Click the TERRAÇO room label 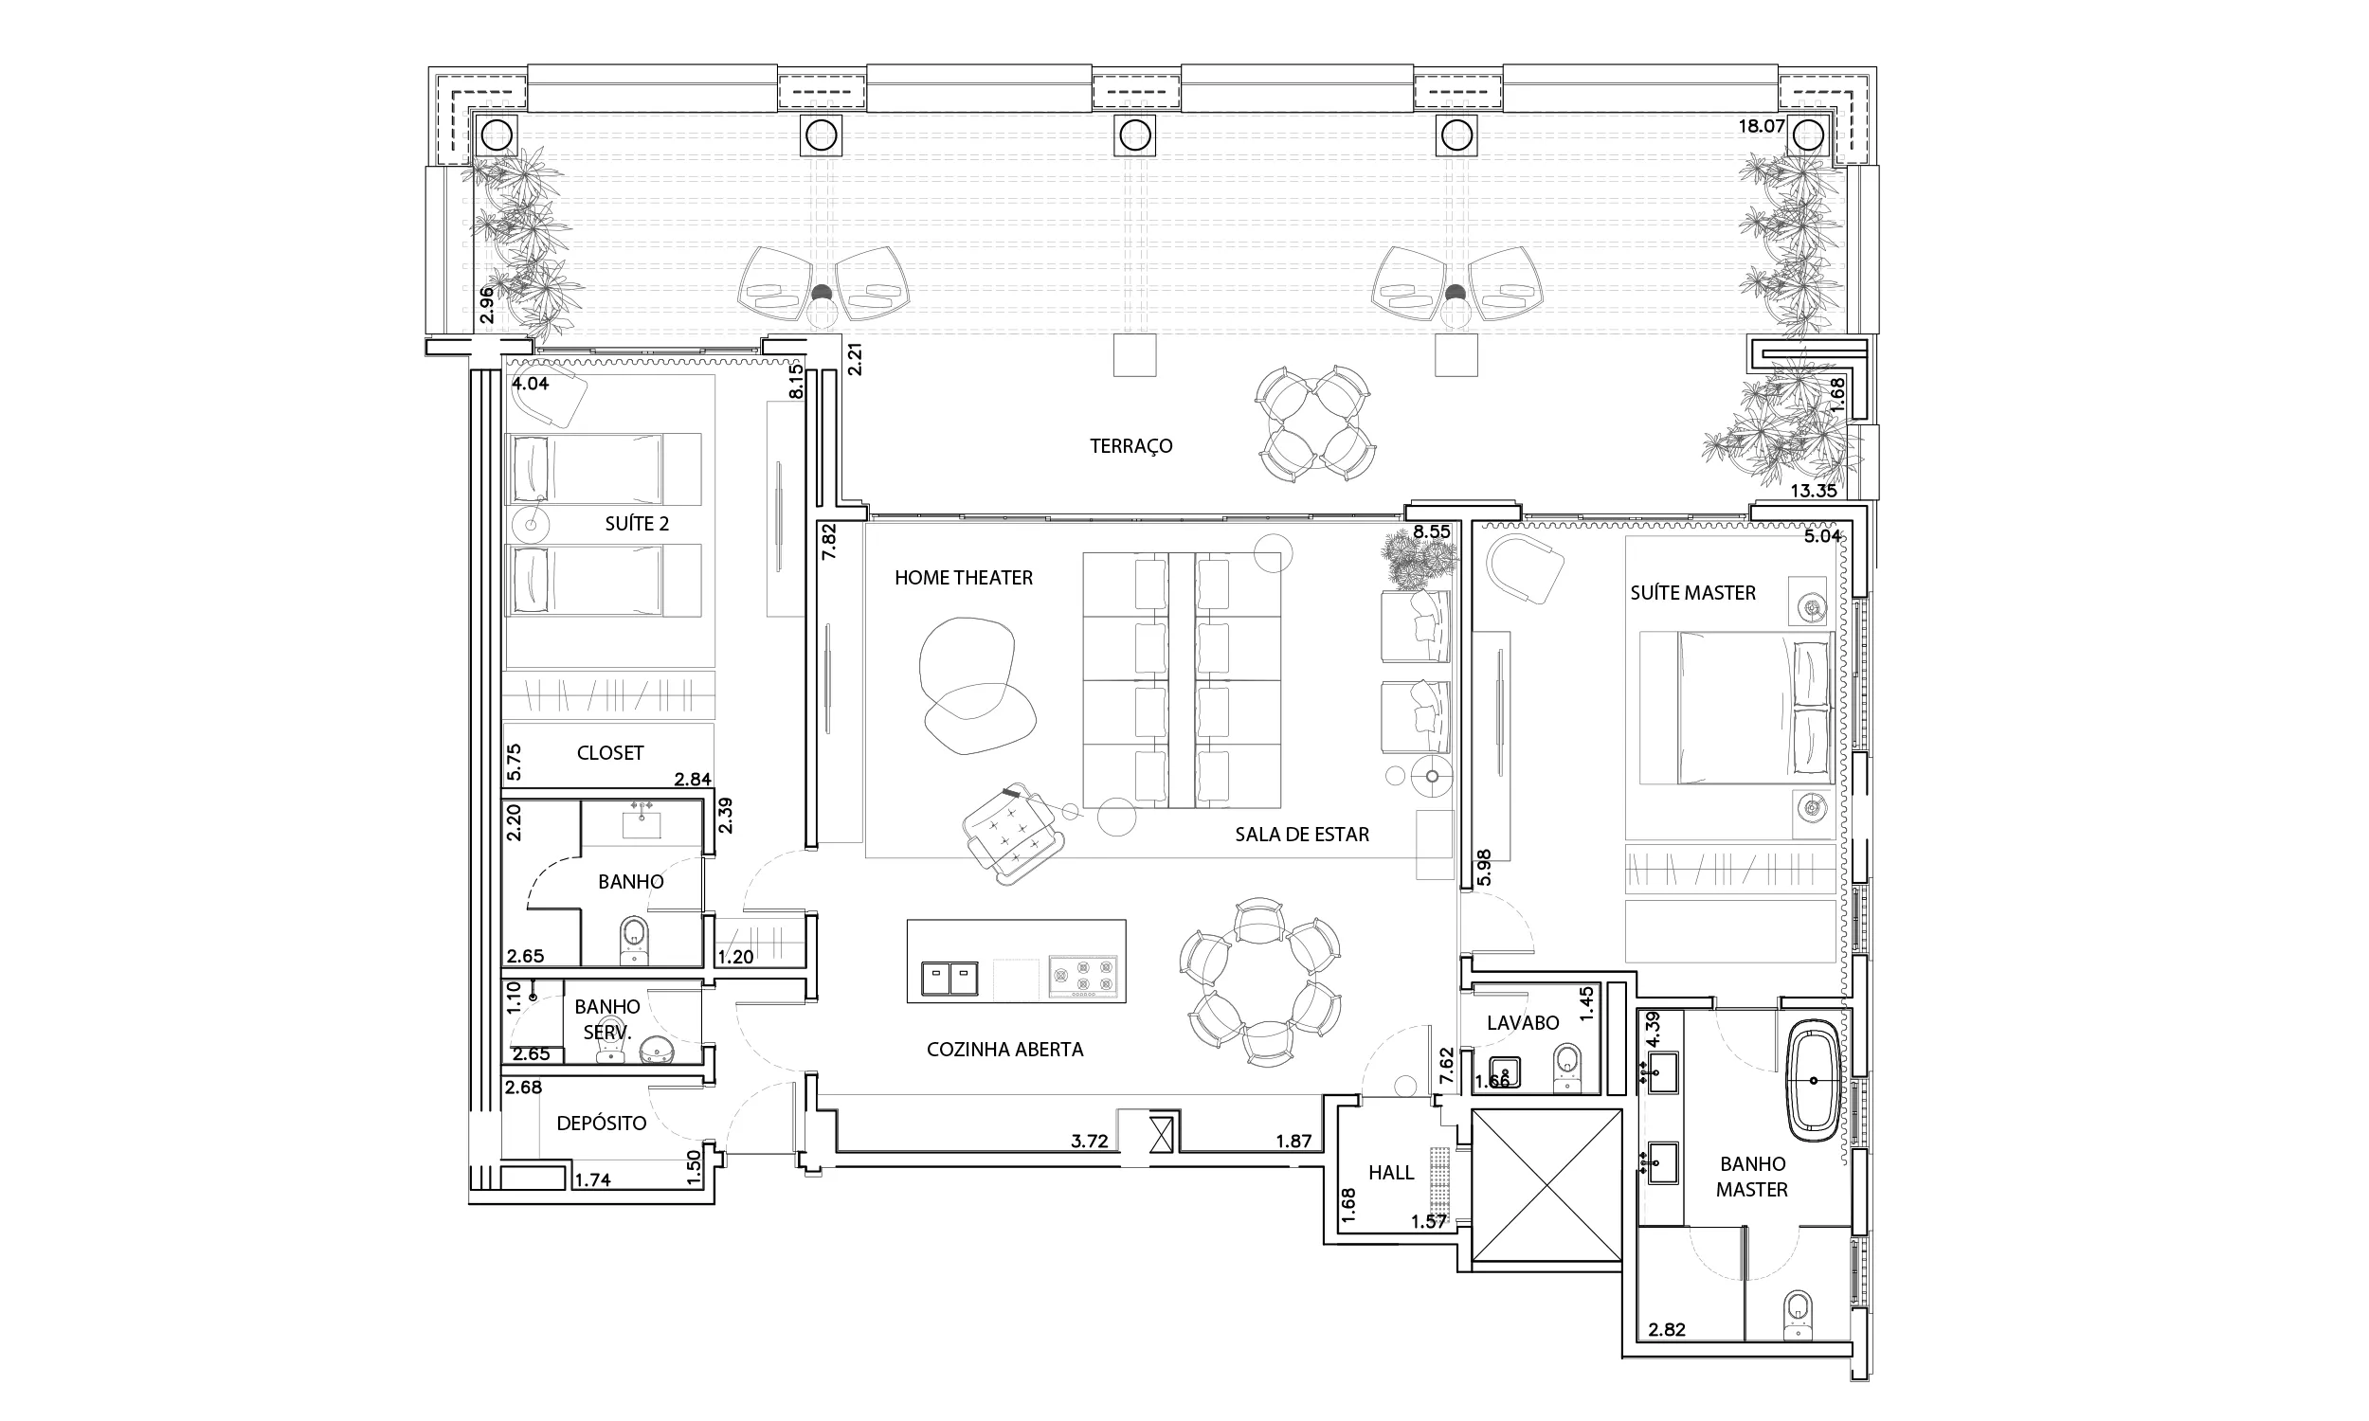1130,446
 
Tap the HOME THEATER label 964,578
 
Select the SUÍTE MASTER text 1693,593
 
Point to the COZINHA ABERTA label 1004,1050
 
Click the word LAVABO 1523,1023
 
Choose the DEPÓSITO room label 602,1123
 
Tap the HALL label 1390,1172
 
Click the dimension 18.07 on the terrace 1761,125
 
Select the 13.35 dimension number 1814,491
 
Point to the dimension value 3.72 1089,1141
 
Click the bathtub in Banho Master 1814,1080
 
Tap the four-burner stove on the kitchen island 1083,978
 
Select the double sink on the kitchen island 949,978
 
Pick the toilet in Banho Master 1799,1315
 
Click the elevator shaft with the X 1546,1186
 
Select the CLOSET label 610,752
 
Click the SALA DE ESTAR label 1301,834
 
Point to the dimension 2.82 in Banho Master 1666,1329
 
